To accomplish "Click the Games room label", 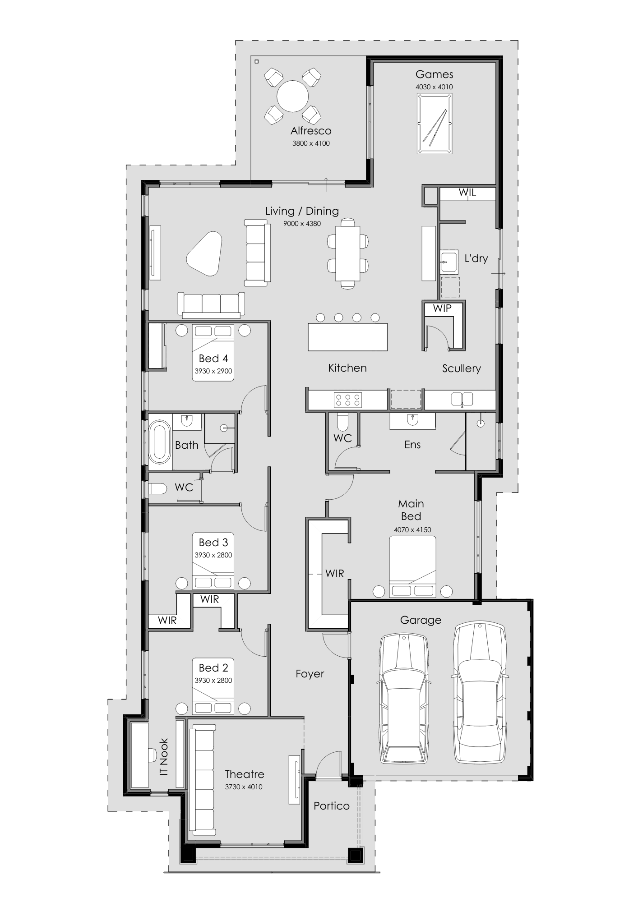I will tap(434, 74).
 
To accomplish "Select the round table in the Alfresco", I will tap(292, 96).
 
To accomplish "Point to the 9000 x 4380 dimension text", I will tap(302, 223).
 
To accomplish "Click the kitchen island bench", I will tap(347, 336).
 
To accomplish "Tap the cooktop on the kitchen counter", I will tap(347, 399).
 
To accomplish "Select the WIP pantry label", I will tap(442, 308).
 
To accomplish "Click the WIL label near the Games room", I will tap(467, 193).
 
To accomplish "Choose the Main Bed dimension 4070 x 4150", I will tap(412, 530).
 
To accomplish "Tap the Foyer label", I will tap(310, 674).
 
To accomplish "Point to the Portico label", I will tap(332, 806).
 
